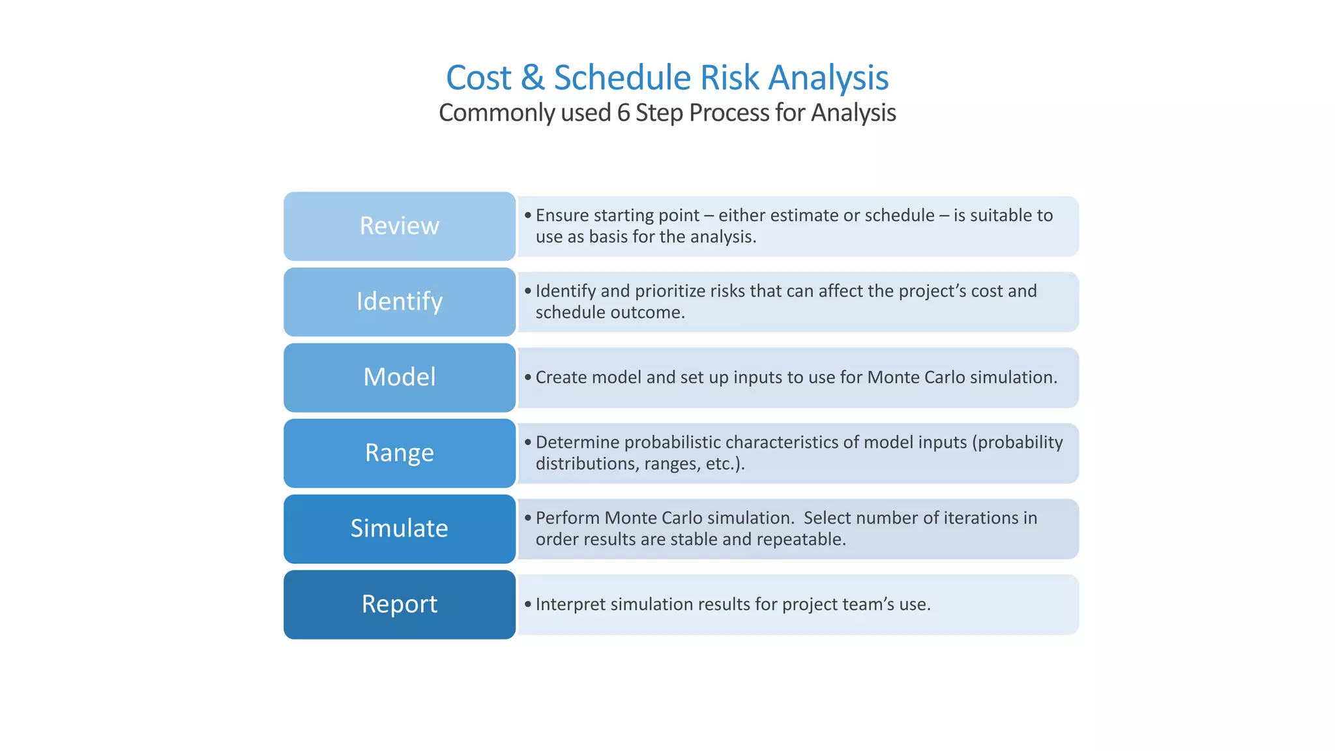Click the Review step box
[x=399, y=226]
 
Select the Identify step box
[x=399, y=301]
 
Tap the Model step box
[x=399, y=377]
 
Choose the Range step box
[x=399, y=452]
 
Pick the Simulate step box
[x=399, y=528]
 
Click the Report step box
[x=399, y=604]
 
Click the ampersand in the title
[x=533, y=78]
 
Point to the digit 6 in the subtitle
[x=623, y=113]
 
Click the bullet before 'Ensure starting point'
[x=528, y=215]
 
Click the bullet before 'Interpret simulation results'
[x=528, y=604]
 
